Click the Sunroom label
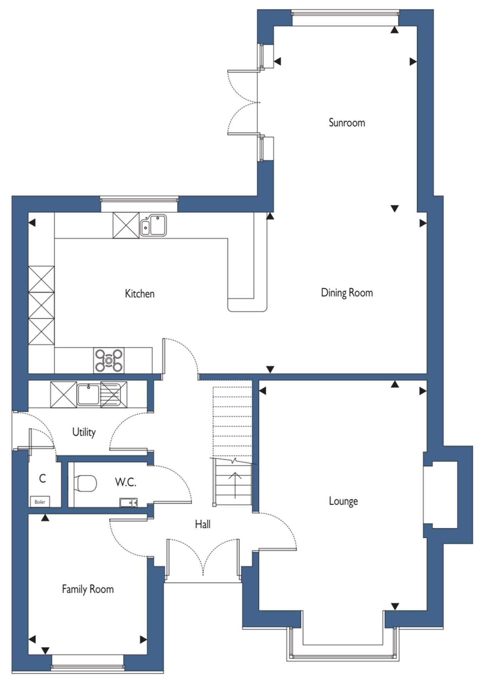pos(347,123)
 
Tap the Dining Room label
pos(347,293)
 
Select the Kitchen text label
pos(139,294)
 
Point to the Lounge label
pos(343,501)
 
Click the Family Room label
pos(88,589)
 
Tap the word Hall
pos(203,524)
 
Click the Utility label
pos(84,432)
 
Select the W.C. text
pos(126,482)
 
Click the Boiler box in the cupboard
pos(40,502)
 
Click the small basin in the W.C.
pos(128,503)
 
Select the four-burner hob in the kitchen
pos(109,360)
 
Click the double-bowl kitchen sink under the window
pos(153,225)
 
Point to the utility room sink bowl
pos(88,394)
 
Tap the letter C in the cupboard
pos(42,478)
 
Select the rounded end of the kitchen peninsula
pos(247,305)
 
